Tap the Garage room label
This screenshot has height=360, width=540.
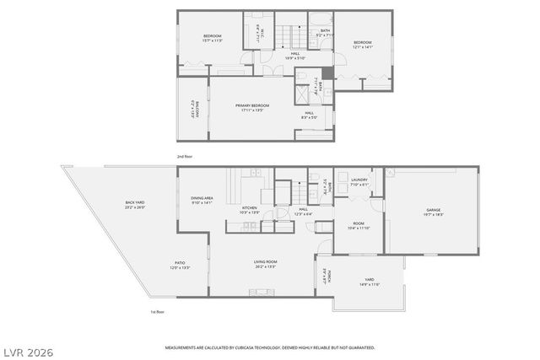(x=433, y=210)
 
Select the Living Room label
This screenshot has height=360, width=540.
(x=266, y=262)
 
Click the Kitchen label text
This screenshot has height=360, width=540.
(x=250, y=208)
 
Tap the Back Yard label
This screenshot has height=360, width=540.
(x=134, y=203)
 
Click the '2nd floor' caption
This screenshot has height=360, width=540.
(x=185, y=157)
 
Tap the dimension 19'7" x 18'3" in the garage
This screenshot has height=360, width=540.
(x=433, y=215)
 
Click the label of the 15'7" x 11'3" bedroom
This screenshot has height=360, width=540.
(x=211, y=36)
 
